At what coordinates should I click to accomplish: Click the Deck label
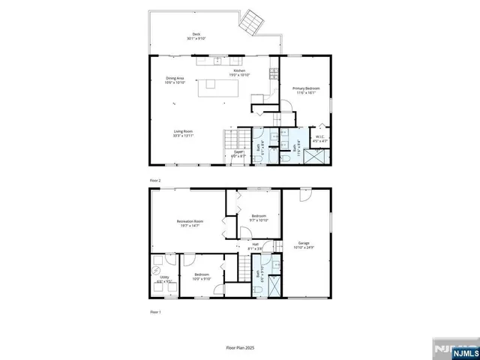pyautogui.click(x=196, y=35)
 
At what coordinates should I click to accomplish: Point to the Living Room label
pyautogui.click(x=183, y=134)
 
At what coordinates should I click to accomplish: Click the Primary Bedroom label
pyautogui.click(x=305, y=90)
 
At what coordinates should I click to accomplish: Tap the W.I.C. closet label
pyautogui.click(x=320, y=138)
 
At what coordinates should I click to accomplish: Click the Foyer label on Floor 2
pyautogui.click(x=238, y=154)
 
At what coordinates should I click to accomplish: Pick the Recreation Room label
pyautogui.click(x=190, y=223)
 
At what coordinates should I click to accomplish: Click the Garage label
pyautogui.click(x=303, y=244)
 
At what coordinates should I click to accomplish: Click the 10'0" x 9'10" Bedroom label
pyautogui.click(x=202, y=277)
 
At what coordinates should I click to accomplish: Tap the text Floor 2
pyautogui.click(x=155, y=181)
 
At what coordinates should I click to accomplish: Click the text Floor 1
pyautogui.click(x=155, y=310)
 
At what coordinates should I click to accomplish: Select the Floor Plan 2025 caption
pyautogui.click(x=240, y=347)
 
